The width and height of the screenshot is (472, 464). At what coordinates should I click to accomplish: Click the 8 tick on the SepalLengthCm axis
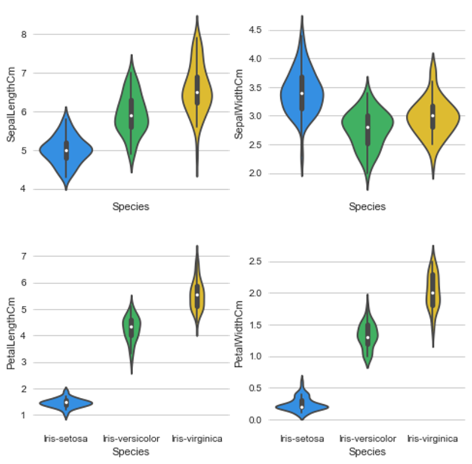tap(24, 35)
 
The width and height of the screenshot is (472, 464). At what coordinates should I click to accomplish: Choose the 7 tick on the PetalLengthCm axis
tap(24, 256)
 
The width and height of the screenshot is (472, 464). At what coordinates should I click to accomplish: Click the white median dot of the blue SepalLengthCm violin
tap(66, 151)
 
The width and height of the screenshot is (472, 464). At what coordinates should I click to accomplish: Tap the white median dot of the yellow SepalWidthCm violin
tap(433, 115)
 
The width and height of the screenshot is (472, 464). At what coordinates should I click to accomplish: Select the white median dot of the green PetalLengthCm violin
tap(131, 327)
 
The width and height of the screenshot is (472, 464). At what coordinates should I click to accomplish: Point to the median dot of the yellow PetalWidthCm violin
tap(433, 293)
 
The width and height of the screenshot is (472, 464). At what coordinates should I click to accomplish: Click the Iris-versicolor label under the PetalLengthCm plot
tap(131, 438)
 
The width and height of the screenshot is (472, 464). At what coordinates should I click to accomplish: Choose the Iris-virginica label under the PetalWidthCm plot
tap(433, 438)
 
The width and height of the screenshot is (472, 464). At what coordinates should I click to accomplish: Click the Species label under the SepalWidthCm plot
tap(367, 207)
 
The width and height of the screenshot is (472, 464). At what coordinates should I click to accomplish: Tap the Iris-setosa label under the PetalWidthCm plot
tap(301, 438)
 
